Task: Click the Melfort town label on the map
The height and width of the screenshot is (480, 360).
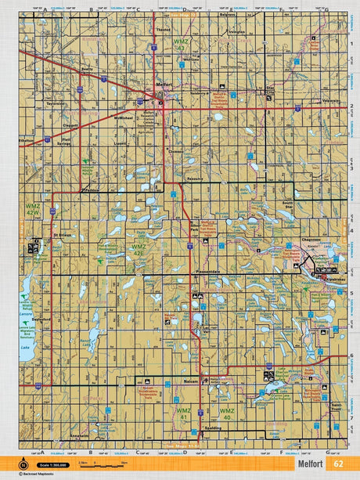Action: pos(163,85)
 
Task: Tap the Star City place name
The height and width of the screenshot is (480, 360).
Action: pos(272,90)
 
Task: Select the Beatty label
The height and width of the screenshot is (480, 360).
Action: pos(87,70)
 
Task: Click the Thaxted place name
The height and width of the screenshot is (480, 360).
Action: pos(163,30)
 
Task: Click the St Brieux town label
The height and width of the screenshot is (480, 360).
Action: pos(62,233)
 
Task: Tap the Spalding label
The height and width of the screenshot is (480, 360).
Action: pos(207,429)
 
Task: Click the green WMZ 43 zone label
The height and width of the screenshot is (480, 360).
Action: pos(182,44)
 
